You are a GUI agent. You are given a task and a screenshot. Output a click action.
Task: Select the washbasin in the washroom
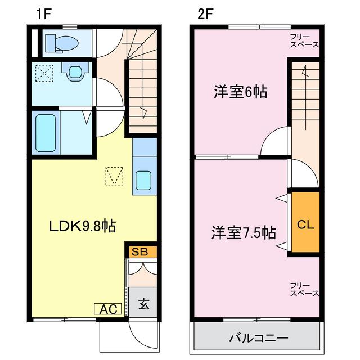point(74,73)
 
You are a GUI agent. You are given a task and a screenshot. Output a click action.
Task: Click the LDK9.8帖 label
point(82,226)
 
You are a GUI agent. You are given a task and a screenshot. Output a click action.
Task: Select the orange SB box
point(140,251)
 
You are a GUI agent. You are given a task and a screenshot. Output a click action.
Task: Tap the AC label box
point(109,309)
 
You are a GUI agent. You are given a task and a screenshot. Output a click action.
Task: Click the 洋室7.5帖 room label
point(243,232)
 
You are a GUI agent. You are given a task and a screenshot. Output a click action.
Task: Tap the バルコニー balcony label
point(258,339)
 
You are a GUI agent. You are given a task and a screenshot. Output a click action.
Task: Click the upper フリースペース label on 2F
point(304,40)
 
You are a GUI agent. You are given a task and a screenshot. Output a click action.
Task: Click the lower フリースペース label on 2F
point(304,289)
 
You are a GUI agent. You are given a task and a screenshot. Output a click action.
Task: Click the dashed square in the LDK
point(115,176)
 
